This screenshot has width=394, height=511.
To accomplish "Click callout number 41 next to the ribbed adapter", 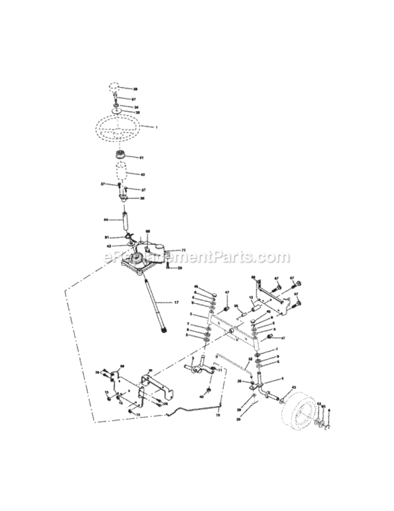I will (x=142, y=158).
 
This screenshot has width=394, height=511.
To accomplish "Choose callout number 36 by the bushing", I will (x=142, y=198).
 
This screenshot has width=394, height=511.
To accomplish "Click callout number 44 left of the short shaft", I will (x=106, y=220).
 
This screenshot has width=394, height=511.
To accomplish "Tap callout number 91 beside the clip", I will (x=107, y=237).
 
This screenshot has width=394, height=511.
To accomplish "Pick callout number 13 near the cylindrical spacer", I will (x=251, y=298).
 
